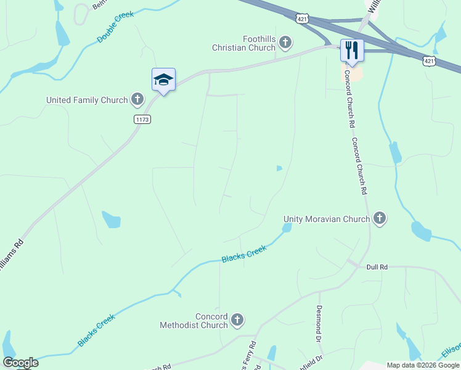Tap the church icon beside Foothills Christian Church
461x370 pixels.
click(285, 42)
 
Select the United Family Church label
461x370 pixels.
click(87, 100)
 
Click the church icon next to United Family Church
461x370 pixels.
click(137, 99)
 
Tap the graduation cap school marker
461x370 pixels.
click(163, 80)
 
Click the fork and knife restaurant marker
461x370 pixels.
click(352, 50)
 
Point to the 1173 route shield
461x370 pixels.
click(142, 119)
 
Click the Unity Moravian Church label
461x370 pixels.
click(327, 219)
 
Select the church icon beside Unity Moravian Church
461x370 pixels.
click(380, 218)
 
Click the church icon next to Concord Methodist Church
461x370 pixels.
click(237, 320)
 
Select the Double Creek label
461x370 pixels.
click(115, 27)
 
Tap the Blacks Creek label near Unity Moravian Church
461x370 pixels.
click(244, 253)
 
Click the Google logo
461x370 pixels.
click(20, 363)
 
